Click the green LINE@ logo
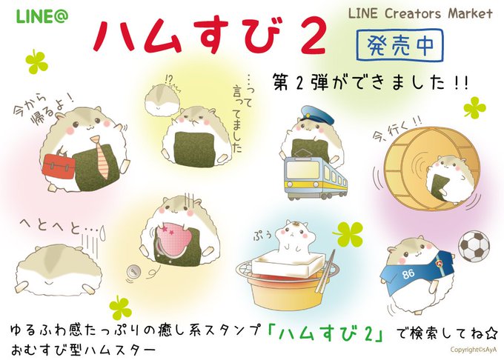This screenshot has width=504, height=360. (x=42, y=17)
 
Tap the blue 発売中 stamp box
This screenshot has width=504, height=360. (x=399, y=45)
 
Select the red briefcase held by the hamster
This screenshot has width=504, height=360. (x=59, y=167)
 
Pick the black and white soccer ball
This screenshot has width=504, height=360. (x=474, y=247)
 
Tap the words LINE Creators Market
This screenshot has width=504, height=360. (x=420, y=13)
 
